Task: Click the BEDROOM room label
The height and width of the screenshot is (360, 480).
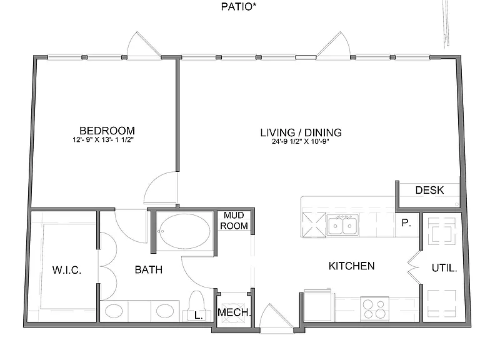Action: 107,131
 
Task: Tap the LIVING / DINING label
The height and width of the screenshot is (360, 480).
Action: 301,132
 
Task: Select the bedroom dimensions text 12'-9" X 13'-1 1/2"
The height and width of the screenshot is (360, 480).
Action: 103,140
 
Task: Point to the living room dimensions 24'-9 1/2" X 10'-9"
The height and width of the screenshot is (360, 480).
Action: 300,141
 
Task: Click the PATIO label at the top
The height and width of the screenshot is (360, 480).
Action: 239,6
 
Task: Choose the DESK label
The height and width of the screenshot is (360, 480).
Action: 429,190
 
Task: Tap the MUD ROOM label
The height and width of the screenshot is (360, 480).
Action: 234,221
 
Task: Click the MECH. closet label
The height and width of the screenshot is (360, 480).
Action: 234,312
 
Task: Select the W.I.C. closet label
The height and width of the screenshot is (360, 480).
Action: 67,270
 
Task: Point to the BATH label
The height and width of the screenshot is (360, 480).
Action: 149,270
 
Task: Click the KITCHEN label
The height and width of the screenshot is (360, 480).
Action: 351,266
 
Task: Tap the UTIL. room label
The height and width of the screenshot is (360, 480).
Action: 444,268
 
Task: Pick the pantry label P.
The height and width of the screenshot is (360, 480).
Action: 406,223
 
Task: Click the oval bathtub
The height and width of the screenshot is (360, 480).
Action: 185,231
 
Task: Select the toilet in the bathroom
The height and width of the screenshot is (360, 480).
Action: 196,306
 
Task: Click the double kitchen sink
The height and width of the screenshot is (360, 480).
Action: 342,225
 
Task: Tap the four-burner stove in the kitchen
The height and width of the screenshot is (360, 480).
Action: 374,309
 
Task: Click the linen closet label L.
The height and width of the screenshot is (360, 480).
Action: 198,315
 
